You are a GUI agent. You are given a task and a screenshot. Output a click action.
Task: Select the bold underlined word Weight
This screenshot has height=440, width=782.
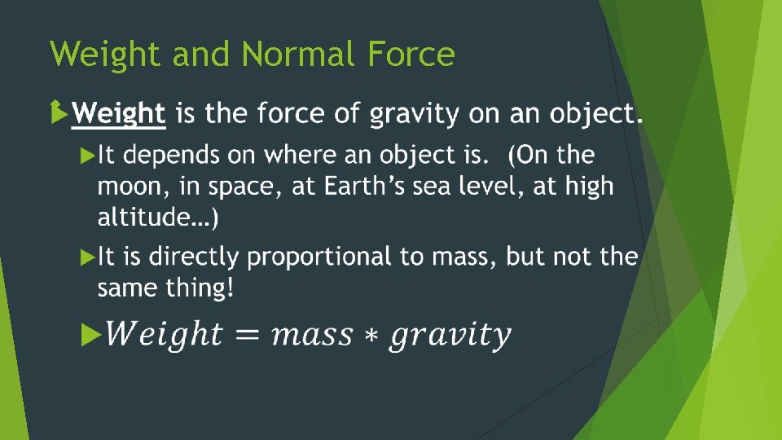[x=119, y=114]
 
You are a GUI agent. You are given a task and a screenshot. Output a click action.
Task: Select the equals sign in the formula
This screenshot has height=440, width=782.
[x=246, y=335]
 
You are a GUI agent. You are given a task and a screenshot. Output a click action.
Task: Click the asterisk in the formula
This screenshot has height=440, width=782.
[x=371, y=336]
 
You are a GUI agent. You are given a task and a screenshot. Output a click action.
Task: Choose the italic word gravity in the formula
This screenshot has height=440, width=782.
[x=450, y=335]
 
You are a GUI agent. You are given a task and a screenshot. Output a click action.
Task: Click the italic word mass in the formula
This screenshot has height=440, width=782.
[x=313, y=335]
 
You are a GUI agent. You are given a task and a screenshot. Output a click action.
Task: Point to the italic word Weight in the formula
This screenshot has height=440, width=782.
[x=162, y=333]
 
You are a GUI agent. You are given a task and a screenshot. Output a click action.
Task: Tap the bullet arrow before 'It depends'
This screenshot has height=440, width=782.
[x=88, y=155]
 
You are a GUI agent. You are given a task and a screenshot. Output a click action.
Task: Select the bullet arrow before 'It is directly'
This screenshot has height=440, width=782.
[x=88, y=257]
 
